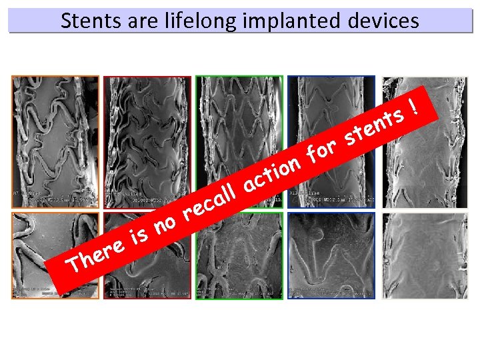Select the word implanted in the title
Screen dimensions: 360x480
[291, 21]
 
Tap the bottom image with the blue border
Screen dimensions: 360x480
[331, 255]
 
